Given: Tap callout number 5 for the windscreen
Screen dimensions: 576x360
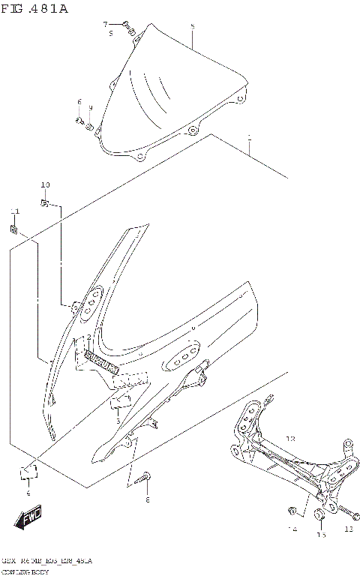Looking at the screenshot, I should coord(192,27).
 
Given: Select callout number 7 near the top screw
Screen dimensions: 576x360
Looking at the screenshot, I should coord(106,24).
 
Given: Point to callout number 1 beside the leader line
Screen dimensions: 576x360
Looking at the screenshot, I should coord(249,138).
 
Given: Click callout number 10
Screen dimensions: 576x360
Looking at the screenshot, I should coord(45,184).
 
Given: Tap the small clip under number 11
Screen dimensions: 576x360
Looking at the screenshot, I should coord(13,229).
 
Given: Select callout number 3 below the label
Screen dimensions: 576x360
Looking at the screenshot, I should coord(118,421).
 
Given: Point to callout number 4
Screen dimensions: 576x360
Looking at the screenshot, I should coord(28,493).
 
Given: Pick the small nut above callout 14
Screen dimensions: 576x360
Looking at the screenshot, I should coord(291,511).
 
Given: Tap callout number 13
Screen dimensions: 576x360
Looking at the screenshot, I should coord(347,529).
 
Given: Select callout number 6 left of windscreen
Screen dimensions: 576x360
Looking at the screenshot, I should coord(79,101).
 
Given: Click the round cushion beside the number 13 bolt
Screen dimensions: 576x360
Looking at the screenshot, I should coord(319,514).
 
